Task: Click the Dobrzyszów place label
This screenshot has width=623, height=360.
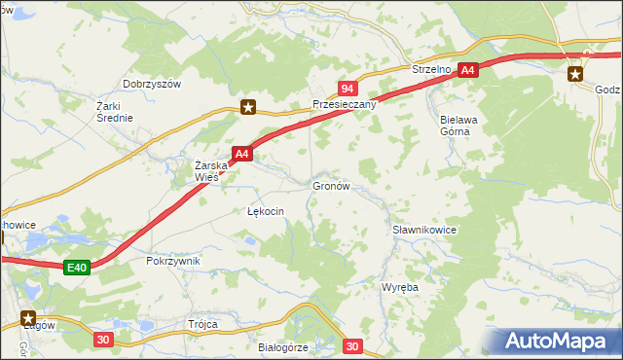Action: [152, 85]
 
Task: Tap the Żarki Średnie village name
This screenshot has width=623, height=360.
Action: [114, 111]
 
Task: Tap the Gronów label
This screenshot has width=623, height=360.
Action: [330, 184]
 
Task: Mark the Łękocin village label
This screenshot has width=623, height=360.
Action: [265, 211]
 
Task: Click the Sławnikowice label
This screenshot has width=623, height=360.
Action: [424, 230]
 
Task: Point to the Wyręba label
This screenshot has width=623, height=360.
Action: [399, 289]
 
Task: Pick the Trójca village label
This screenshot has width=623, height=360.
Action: [203, 324]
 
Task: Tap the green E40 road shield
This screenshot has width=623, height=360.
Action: [80, 267]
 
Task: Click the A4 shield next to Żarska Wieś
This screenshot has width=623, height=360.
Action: [242, 154]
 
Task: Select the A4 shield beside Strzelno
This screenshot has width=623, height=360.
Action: [468, 70]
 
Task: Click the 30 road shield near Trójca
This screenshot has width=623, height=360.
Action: [104, 340]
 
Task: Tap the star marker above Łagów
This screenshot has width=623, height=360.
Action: [27, 317]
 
